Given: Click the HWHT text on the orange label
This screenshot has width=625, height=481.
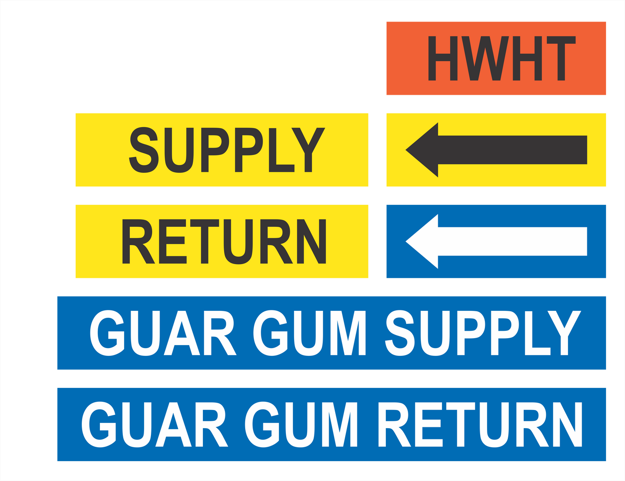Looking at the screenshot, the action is (502, 58).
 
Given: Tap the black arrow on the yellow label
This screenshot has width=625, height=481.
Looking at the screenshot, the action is (496, 150).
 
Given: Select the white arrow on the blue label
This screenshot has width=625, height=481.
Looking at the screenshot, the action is (496, 241).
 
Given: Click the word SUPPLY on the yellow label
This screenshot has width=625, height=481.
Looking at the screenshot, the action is (227, 150).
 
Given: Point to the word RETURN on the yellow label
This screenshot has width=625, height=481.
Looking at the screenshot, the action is (224, 241).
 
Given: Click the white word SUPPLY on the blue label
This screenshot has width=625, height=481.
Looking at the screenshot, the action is (483, 333).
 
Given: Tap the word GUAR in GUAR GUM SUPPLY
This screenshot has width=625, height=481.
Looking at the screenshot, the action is (163, 333).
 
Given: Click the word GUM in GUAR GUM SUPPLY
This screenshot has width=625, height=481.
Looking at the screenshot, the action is (310, 333).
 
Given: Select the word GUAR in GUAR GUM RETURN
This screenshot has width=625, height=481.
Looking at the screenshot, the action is (155, 424).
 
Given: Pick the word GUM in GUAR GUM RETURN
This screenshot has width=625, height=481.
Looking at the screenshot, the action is (301, 424).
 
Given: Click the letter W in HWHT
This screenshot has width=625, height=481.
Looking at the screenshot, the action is (485, 58).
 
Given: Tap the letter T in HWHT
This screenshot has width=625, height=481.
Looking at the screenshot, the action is (561, 58).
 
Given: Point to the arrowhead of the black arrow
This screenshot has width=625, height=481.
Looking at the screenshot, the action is (422, 150).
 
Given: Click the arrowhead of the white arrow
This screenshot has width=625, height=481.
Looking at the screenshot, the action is (422, 241).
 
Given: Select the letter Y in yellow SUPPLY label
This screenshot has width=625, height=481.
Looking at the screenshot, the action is (308, 150).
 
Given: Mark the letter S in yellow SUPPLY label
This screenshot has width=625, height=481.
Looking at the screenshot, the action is (144, 150).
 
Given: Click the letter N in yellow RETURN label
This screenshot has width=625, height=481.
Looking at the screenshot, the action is (311, 241).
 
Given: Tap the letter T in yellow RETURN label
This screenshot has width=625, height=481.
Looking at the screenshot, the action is (205, 241).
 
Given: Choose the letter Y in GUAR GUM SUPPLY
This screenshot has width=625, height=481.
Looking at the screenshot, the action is (564, 333).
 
